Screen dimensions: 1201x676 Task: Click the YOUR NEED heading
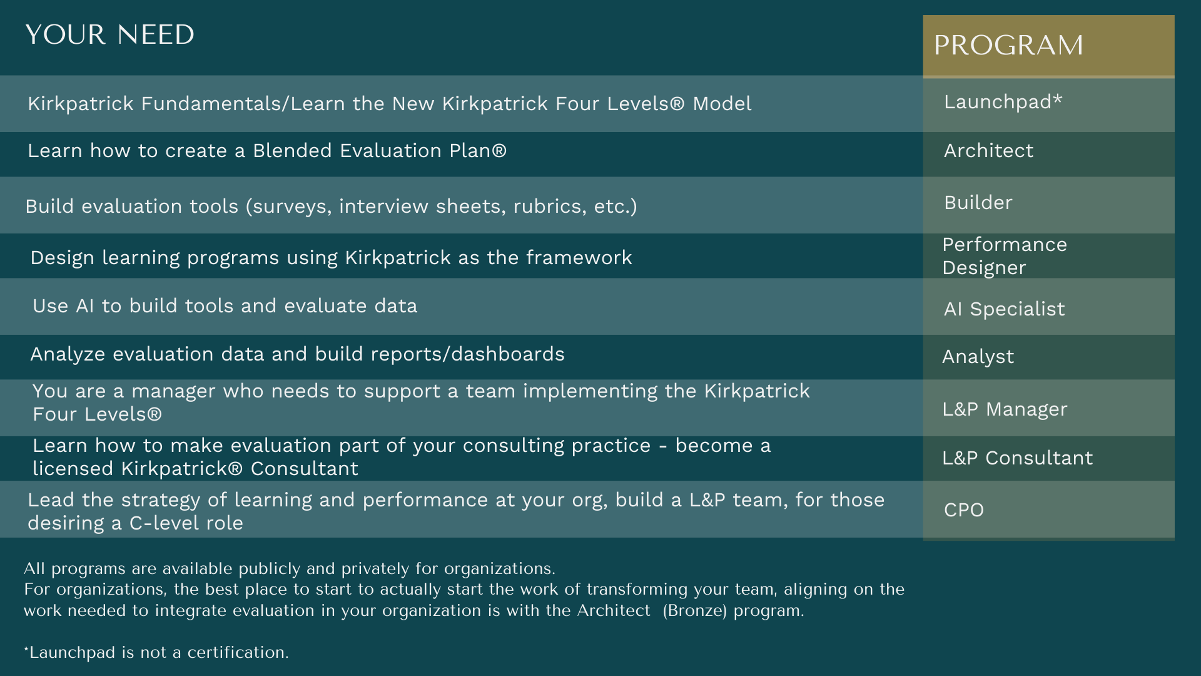110,34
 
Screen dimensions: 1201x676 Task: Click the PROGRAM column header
1008,45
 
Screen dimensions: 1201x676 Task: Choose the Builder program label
978,203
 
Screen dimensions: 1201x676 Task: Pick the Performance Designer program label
1005,256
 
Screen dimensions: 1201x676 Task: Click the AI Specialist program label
1004,309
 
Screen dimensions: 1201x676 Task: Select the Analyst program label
978,357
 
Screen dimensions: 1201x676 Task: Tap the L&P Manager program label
1005,409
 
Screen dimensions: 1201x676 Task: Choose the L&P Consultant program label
1017,458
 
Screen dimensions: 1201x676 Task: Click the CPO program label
963,510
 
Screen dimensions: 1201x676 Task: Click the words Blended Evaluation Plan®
380,151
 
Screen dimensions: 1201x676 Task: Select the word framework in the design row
579,258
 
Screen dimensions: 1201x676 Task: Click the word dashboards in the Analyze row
508,354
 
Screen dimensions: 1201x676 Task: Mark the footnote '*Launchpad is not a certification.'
156,652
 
